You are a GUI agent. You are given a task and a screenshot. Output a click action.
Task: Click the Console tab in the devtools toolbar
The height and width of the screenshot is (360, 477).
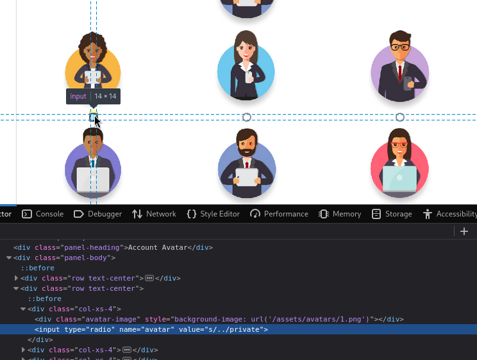point(43,214)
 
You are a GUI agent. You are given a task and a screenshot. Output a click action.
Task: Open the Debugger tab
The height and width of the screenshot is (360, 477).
point(97,214)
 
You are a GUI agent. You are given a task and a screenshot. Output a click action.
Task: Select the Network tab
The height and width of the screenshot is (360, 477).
point(155,214)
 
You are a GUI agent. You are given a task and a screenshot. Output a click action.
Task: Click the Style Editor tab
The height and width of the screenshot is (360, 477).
point(213,214)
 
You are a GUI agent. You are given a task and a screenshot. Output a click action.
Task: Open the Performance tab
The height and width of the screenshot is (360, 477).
point(279,214)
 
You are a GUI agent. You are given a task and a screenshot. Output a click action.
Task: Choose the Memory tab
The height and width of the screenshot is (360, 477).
point(340,214)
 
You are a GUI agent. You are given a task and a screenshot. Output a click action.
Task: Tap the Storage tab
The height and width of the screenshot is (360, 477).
point(392,214)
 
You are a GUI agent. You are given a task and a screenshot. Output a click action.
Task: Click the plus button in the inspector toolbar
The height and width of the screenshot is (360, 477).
point(464,231)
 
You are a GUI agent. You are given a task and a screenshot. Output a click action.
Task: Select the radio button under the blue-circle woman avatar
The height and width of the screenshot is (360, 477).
point(247,117)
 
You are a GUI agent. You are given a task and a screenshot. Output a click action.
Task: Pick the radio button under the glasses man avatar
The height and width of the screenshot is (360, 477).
point(400,117)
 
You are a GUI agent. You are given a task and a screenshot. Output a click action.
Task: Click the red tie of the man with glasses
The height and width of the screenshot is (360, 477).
point(400,73)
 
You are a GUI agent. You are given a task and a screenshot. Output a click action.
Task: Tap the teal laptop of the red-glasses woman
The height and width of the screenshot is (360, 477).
point(399,179)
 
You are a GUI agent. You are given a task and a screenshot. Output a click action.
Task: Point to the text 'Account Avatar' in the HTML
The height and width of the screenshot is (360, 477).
point(158,247)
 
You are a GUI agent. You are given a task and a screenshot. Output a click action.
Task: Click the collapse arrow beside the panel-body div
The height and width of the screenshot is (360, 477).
point(9,258)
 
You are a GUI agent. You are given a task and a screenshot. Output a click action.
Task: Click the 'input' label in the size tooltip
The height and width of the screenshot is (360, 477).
point(78,96)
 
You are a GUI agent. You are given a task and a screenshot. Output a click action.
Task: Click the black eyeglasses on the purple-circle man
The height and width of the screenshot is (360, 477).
point(400,47)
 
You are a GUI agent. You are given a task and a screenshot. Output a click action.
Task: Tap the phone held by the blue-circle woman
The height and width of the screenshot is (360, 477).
point(249,78)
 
